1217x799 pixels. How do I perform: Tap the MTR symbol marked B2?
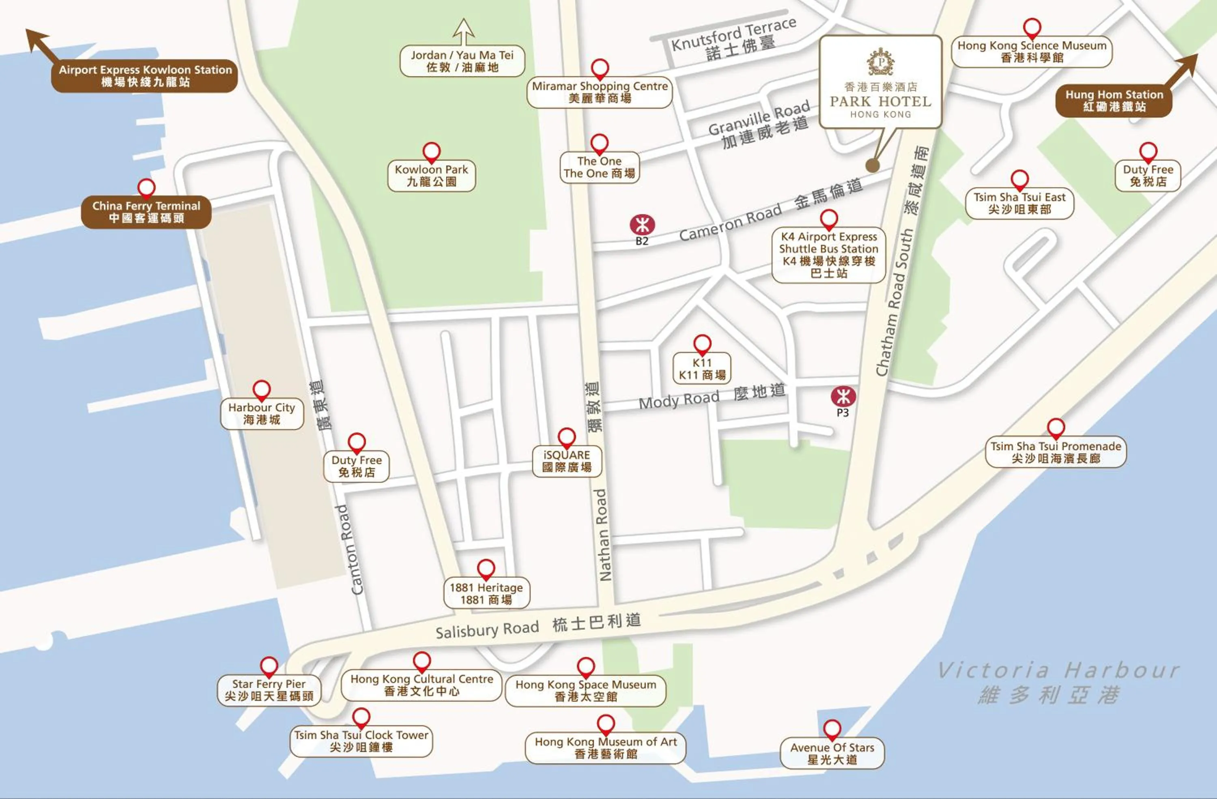click(x=642, y=224)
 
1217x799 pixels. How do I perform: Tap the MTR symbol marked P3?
click(x=843, y=396)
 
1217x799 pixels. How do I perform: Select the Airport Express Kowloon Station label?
click(x=145, y=76)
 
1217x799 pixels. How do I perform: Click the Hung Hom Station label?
click(x=1114, y=101)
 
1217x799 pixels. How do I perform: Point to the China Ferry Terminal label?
click(x=146, y=212)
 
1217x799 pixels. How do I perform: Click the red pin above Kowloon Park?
click(x=432, y=151)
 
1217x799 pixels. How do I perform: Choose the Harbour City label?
click(x=262, y=414)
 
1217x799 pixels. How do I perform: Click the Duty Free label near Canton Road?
click(x=357, y=466)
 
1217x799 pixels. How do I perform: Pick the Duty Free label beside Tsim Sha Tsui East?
click(x=1148, y=175)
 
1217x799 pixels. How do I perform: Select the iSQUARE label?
click(x=567, y=461)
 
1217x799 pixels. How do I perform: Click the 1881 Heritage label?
click(x=486, y=593)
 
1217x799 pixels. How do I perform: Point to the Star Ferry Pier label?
click(x=269, y=689)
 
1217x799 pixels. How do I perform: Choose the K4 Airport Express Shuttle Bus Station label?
click(x=828, y=255)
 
